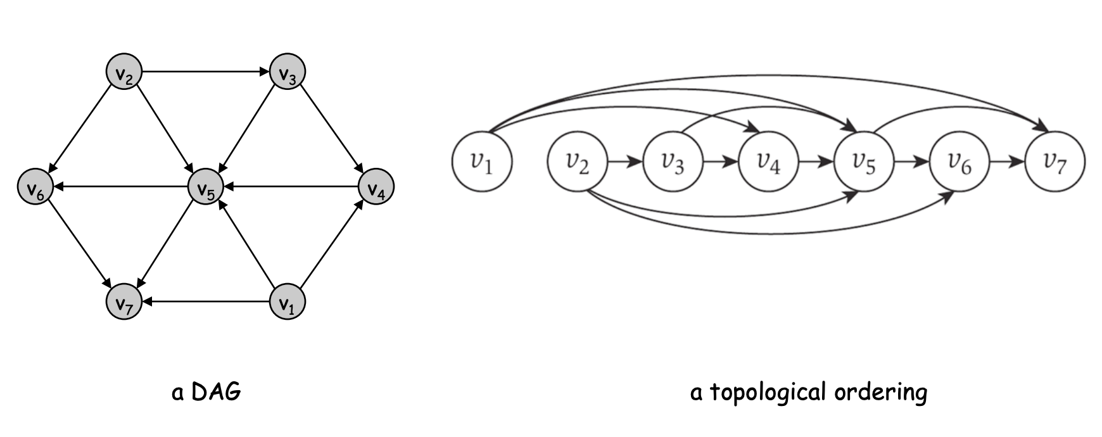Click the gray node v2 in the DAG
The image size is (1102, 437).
(124, 72)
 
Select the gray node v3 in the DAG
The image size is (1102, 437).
(288, 72)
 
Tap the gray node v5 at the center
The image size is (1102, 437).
(206, 187)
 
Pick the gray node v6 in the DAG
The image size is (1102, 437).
(35, 187)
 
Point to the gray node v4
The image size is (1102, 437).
(376, 187)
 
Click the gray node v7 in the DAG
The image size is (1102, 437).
(124, 302)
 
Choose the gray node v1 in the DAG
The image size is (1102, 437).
(288, 302)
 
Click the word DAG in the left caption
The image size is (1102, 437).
(216, 393)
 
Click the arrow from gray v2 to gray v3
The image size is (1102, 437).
(206, 72)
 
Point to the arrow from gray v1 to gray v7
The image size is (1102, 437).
(206, 302)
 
